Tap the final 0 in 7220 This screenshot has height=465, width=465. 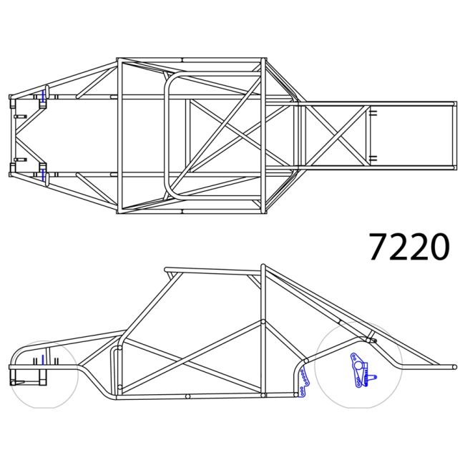pyautogui.click(x=439, y=246)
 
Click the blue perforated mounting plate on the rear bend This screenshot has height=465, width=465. pyautogui.click(x=303, y=383)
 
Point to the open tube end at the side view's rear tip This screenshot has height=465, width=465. pyautogui.click(x=454, y=367)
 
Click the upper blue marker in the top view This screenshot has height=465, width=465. pyautogui.click(x=44, y=96)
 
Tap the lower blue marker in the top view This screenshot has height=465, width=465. pyautogui.click(x=44, y=174)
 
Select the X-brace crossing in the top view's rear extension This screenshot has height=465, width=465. pyautogui.click(x=337, y=135)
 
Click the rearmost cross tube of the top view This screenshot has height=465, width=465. pyautogui.click(x=454, y=135)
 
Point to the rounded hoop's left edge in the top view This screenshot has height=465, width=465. pyautogui.click(x=167, y=135)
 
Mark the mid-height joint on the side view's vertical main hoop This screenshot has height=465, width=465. pyautogui.click(x=263, y=323)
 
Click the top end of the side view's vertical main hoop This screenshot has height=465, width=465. pyautogui.click(x=263, y=267)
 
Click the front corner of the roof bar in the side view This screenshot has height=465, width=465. pyautogui.click(x=167, y=270)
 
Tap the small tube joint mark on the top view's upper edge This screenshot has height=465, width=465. pyautogui.click(x=182, y=59)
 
